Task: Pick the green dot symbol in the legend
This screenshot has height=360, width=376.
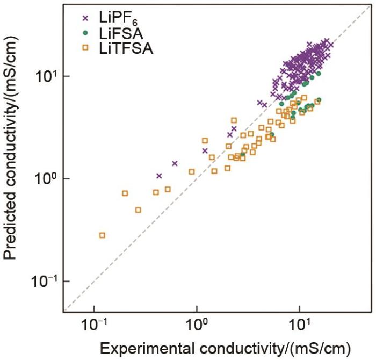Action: [x=84, y=35]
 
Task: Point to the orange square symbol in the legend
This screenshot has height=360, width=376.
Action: [x=84, y=50]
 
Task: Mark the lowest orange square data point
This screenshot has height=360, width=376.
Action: [x=102, y=235]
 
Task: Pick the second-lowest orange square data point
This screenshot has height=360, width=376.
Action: [x=138, y=210]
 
